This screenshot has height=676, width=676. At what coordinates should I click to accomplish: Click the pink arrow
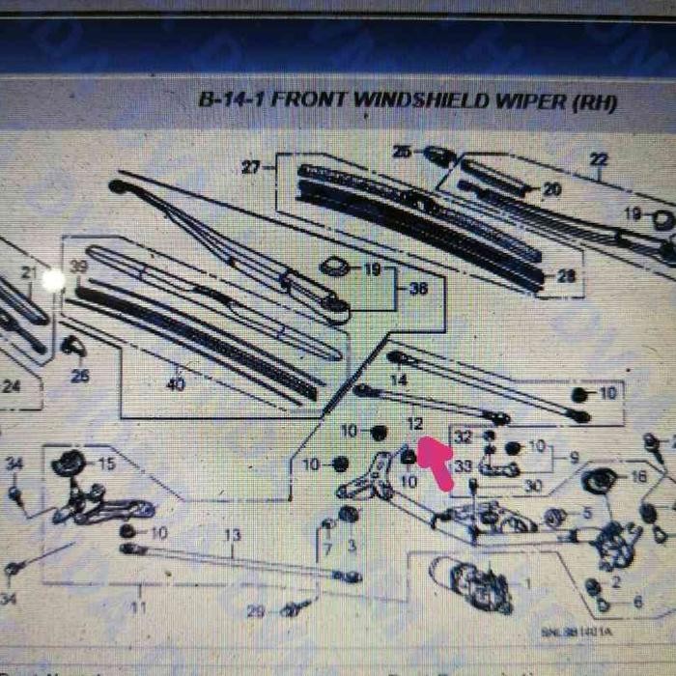[436, 462]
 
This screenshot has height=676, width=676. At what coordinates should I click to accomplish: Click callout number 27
[250, 168]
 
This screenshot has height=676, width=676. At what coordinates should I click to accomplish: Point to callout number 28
[567, 277]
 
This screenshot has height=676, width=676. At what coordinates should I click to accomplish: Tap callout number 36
[419, 288]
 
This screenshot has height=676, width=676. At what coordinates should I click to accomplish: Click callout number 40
[175, 384]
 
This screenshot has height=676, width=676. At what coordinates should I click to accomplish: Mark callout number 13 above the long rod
[232, 535]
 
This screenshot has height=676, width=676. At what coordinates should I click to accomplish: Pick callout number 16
[638, 477]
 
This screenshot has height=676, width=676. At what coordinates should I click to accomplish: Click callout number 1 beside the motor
[527, 583]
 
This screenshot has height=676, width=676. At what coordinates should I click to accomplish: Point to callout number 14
[398, 381]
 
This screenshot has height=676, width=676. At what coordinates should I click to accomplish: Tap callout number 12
[414, 424]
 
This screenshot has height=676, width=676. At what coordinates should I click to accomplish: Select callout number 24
[12, 387]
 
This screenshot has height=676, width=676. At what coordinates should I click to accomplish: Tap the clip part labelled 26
[71, 345]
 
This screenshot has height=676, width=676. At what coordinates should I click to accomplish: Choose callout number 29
[255, 611]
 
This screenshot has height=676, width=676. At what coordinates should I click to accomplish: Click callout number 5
[586, 513]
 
